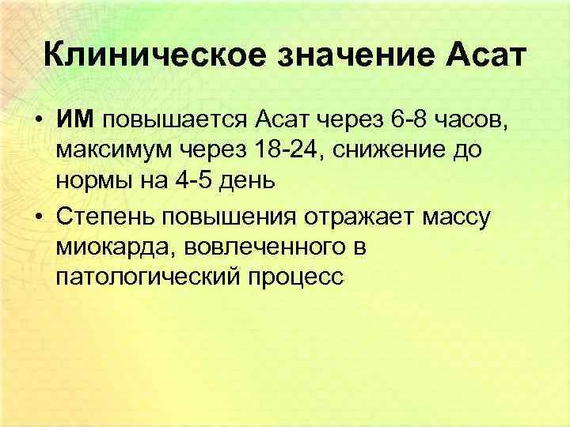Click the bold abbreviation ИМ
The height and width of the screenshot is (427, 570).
[75, 119]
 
